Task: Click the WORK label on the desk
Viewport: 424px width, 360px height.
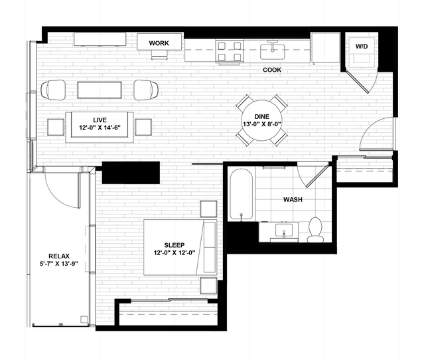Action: click(x=159, y=43)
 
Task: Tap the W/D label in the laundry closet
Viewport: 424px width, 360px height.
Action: click(x=362, y=46)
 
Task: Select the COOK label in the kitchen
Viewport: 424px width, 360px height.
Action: click(x=272, y=70)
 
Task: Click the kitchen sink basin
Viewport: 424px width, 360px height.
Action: click(x=273, y=52)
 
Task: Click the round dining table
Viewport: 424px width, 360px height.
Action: click(x=261, y=120)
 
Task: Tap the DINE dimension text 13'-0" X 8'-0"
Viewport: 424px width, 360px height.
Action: click(x=261, y=124)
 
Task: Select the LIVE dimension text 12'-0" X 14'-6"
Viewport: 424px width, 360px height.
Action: click(x=100, y=128)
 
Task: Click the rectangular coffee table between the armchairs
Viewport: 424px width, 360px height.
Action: click(x=100, y=90)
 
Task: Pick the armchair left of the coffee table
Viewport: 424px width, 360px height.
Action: click(x=53, y=90)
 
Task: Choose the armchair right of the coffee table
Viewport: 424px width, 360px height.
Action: click(x=146, y=90)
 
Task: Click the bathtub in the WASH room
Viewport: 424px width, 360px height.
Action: click(x=242, y=195)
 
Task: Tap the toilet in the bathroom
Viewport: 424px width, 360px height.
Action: click(x=315, y=230)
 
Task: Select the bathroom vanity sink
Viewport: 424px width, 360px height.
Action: click(x=284, y=231)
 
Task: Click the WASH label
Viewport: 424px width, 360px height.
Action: click(x=293, y=199)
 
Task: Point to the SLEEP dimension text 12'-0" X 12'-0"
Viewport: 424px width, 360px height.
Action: click(x=175, y=253)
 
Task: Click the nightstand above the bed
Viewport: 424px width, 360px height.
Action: click(x=208, y=209)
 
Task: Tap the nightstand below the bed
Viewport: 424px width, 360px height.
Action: click(x=208, y=286)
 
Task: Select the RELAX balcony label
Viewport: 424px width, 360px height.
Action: click(x=59, y=256)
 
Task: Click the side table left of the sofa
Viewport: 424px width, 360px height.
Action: click(x=56, y=127)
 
